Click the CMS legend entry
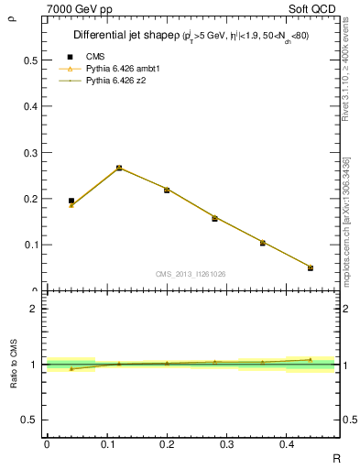[x=93, y=57]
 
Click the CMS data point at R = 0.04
[x=71, y=201]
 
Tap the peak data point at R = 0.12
[x=119, y=168]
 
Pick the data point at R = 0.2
[x=167, y=190]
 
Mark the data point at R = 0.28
[x=214, y=218]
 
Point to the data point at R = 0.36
[x=263, y=243]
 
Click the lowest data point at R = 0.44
[x=311, y=267]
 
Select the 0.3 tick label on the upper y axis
[x=31, y=152]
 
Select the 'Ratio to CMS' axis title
[x=14, y=364]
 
